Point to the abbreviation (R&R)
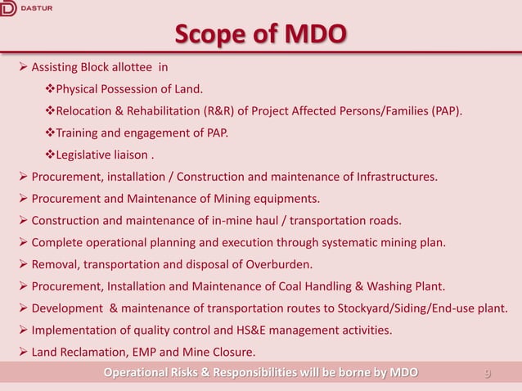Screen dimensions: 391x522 (212, 110)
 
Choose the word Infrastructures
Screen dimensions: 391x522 (389, 176)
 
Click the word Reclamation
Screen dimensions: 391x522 (91, 353)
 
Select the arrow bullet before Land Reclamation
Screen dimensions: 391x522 (24, 353)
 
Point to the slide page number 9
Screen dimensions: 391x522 (488, 374)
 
